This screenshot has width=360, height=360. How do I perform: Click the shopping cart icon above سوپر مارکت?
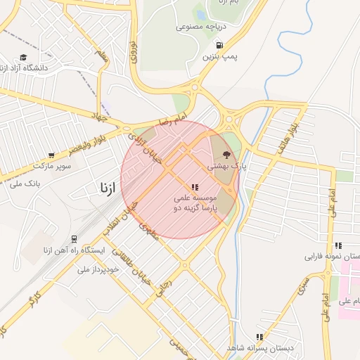click(51, 155)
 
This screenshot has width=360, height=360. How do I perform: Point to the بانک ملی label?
click(25, 184)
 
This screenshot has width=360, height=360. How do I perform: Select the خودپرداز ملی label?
click(88, 268)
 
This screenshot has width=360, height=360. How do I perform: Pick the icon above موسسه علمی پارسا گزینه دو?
click(194, 187)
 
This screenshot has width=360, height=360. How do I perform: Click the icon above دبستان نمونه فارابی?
click(338, 245)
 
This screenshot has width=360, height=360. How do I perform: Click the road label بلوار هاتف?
click(288, 133)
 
